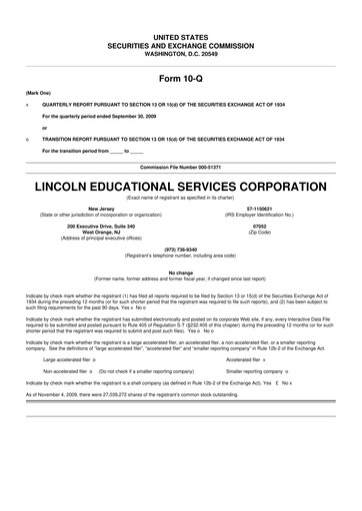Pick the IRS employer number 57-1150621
point(265,209)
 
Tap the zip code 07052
point(265,227)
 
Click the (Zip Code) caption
point(265,233)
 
